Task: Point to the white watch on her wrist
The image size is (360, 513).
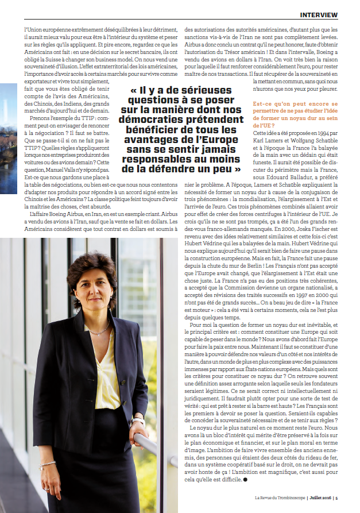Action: tap(138, 421)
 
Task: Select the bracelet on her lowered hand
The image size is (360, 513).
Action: tap(48, 464)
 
